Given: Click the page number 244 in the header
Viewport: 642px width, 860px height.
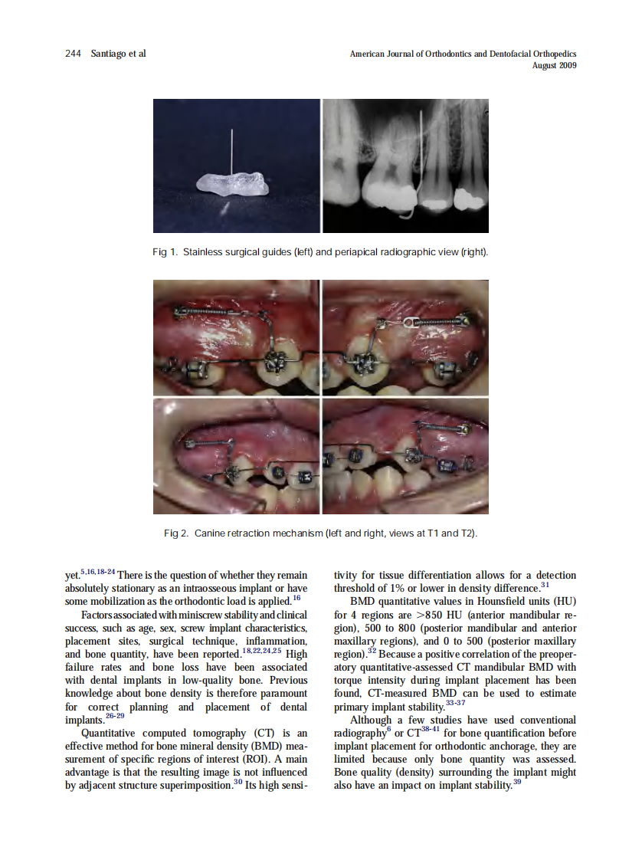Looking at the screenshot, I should click(73, 54).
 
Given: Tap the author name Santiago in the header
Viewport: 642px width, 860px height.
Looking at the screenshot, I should click(108, 54).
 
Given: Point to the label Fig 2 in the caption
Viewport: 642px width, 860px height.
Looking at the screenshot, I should click(175, 533).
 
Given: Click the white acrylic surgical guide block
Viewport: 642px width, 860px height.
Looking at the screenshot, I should click(231, 184).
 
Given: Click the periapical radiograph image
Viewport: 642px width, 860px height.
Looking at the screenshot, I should click(405, 166).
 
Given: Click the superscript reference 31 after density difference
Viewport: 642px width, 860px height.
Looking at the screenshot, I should click(545, 585).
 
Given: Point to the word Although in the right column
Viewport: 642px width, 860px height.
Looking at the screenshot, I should click(372, 720).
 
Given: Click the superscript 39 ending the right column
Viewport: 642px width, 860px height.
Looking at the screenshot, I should click(517, 782).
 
